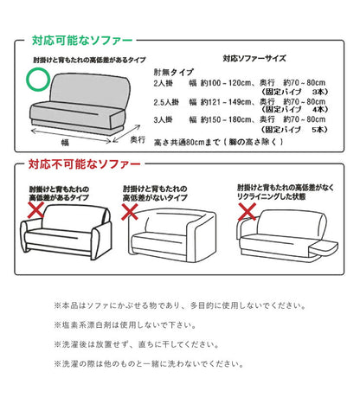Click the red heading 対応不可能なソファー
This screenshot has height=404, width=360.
tap(80, 164)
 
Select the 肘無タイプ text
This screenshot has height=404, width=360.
tap(173, 74)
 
